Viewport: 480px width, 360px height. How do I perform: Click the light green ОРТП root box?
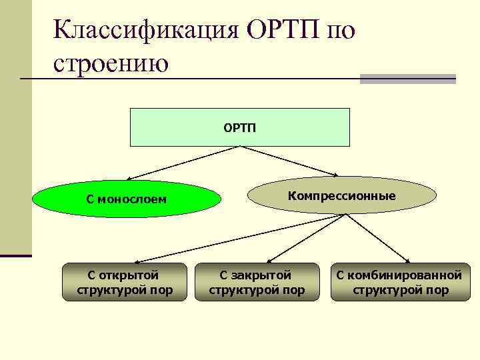(x=239, y=127)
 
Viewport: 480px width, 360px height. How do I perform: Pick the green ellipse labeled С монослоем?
(x=126, y=199)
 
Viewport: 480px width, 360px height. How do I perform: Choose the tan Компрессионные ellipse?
(x=341, y=195)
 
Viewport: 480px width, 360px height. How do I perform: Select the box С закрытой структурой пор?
(x=257, y=282)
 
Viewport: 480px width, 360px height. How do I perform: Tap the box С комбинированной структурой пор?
(x=399, y=282)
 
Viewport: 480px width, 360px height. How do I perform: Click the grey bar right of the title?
(x=407, y=79)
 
